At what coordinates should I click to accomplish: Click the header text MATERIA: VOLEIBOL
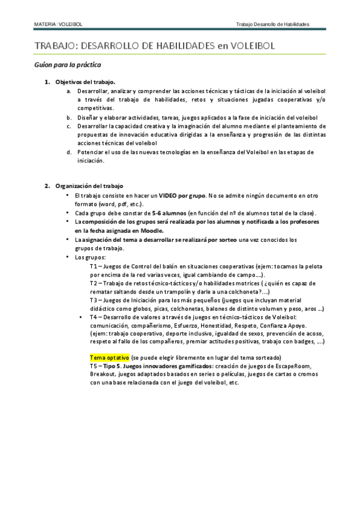point(58,25)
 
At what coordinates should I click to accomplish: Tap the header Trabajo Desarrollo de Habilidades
point(272,25)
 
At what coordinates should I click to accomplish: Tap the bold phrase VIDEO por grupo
point(182,196)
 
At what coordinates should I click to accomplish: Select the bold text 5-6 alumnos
point(169,213)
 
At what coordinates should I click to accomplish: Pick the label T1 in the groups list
point(94,266)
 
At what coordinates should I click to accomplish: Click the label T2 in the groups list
point(94,283)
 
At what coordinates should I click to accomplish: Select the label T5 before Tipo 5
point(94,366)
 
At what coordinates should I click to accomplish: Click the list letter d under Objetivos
point(69,152)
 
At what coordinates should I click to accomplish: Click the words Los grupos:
point(90,258)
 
